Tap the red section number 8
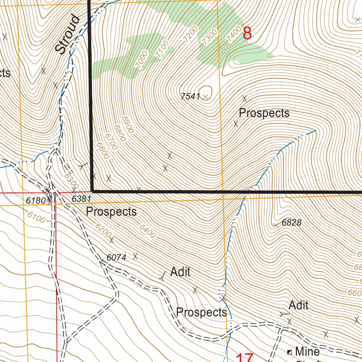pyautogui.click(x=247, y=34)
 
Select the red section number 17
pyautogui.click(x=244, y=358)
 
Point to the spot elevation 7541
pyautogui.click(x=190, y=96)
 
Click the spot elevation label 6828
pyautogui.click(x=291, y=223)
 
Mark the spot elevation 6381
pyautogui.click(x=81, y=199)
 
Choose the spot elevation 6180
pyautogui.click(x=36, y=200)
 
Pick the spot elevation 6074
pyautogui.click(x=116, y=258)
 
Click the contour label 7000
pyautogui.click(x=142, y=59)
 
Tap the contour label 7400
pyautogui.click(x=234, y=34)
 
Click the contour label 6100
pyautogui.click(x=36, y=217)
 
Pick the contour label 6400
pyautogui.click(x=147, y=231)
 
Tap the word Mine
pyautogui.click(x=307, y=351)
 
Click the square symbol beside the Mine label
pyautogui.click(x=290, y=352)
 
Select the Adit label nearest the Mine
pyautogui.click(x=298, y=305)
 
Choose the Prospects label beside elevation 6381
pyautogui.click(x=111, y=212)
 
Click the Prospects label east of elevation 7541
pyautogui.click(x=264, y=113)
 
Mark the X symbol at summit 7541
pyautogui.click(x=205, y=97)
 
